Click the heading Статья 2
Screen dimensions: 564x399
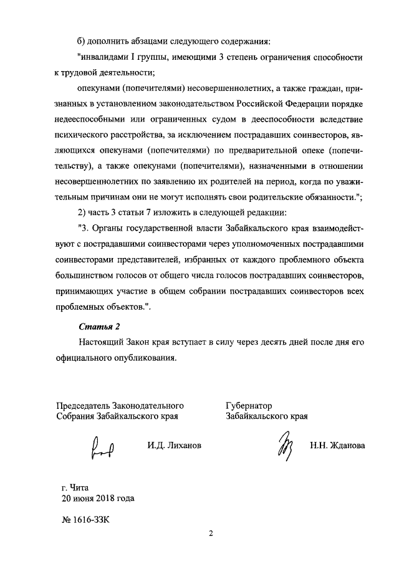99,326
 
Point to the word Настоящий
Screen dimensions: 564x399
101,342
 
